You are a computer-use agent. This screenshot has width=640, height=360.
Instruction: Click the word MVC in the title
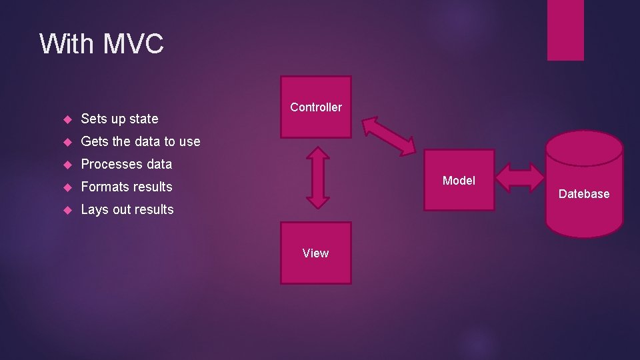133,44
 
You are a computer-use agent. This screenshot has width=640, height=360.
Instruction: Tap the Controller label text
316,107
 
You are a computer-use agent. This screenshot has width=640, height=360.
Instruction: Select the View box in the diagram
315,253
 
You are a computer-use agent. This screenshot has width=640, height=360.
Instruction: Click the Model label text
459,181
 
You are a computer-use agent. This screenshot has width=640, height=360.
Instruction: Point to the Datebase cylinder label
584,194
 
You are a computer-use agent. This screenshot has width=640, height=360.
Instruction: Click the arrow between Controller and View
318,177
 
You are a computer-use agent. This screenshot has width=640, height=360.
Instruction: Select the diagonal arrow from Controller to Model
389,136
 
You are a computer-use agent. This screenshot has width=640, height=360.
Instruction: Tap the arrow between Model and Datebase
520,179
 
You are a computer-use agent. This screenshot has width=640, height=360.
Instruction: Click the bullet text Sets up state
119,119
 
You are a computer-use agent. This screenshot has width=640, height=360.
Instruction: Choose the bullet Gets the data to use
140,141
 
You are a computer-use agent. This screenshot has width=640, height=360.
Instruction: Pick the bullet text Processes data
126,164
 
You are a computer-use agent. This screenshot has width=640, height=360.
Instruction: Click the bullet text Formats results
126,187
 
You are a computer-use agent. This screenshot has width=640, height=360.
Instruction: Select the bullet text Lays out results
127,209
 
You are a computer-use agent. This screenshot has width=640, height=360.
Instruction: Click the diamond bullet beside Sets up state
66,119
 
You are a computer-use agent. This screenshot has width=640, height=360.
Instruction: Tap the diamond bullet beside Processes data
66,164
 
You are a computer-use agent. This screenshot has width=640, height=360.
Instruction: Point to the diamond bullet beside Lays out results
66,209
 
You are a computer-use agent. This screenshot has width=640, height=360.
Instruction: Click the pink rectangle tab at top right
565,30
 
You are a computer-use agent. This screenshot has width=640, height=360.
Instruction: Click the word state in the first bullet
143,119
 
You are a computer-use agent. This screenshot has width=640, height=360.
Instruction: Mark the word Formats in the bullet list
103,187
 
